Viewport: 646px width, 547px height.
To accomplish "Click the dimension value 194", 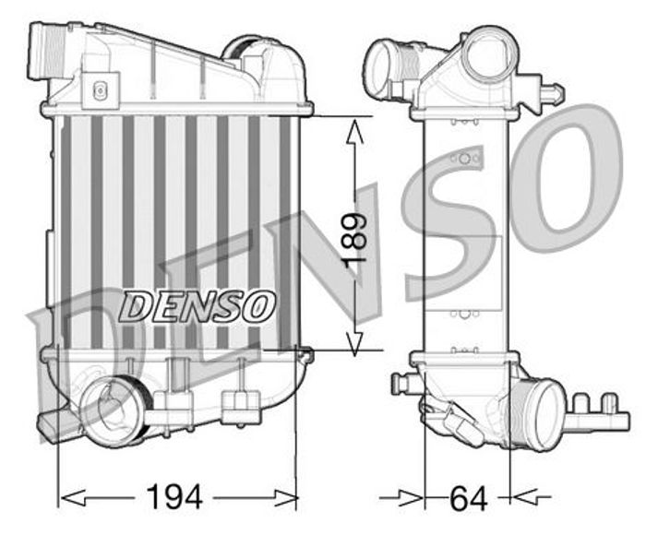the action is click(x=174, y=497).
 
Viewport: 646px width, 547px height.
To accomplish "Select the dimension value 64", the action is click(x=468, y=498).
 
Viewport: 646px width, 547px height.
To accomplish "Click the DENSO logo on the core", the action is click(x=197, y=306).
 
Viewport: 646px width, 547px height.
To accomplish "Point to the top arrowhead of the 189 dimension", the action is click(x=354, y=131).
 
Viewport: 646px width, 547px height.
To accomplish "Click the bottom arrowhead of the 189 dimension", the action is click(x=354, y=343).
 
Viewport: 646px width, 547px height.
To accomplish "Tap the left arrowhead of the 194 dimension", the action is click(x=73, y=498).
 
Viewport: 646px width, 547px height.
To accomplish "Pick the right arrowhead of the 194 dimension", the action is click(x=285, y=498).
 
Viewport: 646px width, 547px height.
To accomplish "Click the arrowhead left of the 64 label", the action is click(x=411, y=498).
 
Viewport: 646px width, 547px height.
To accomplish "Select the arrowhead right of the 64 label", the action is click(x=523, y=497).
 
